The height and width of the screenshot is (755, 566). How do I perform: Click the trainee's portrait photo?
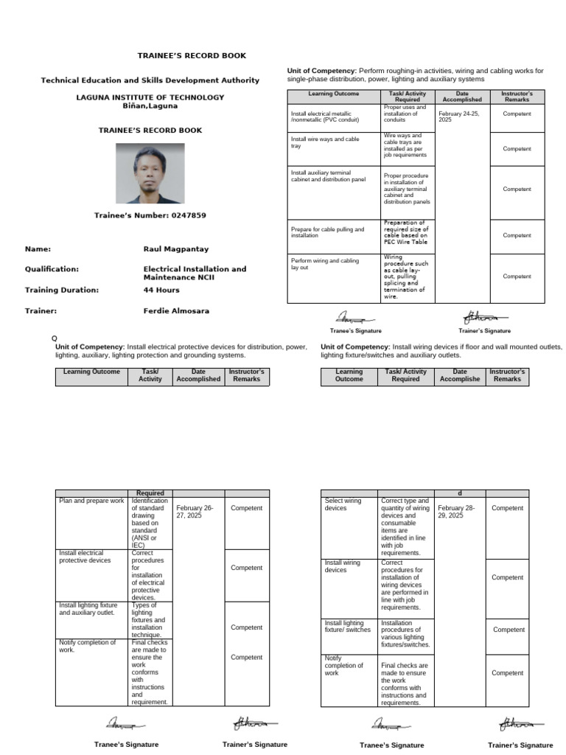pyautogui.click(x=150, y=173)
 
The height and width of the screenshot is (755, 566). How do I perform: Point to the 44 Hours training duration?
pyautogui.click(x=161, y=290)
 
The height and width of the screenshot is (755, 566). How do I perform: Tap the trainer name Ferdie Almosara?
pyautogui.click(x=175, y=310)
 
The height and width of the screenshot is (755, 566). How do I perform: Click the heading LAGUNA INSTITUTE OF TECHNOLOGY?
pyautogui.click(x=150, y=97)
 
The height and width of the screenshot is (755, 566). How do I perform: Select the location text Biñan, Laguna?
pyautogui.click(x=150, y=105)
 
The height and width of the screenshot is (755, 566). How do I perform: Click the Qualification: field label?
pyautogui.click(x=52, y=269)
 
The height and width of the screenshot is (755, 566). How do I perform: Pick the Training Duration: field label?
pyautogui.click(x=61, y=290)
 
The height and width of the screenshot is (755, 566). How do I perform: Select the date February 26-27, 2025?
pyautogui.click(x=194, y=512)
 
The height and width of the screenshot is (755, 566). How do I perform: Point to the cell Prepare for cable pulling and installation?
pyautogui.click(x=327, y=232)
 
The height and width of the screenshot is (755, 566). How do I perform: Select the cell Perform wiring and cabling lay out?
pyautogui.click(x=325, y=264)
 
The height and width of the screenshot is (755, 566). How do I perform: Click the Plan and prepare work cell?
pyautogui.click(x=91, y=501)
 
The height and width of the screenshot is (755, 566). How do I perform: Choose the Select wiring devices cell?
pyautogui.click(x=343, y=504)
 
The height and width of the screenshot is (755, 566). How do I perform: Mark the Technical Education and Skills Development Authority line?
pyautogui.click(x=150, y=80)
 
